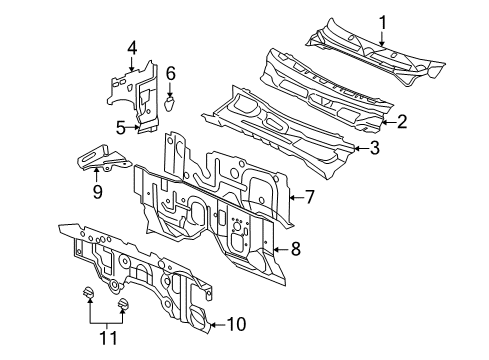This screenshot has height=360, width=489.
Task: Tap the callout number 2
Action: pyautogui.click(x=402, y=122)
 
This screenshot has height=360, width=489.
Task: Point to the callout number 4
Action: pyautogui.click(x=131, y=47)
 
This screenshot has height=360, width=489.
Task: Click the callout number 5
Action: pyautogui.click(x=121, y=127)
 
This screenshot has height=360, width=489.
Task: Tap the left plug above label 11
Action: pyautogui.click(x=86, y=292)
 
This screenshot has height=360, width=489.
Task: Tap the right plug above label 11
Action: pyautogui.click(x=123, y=304)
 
